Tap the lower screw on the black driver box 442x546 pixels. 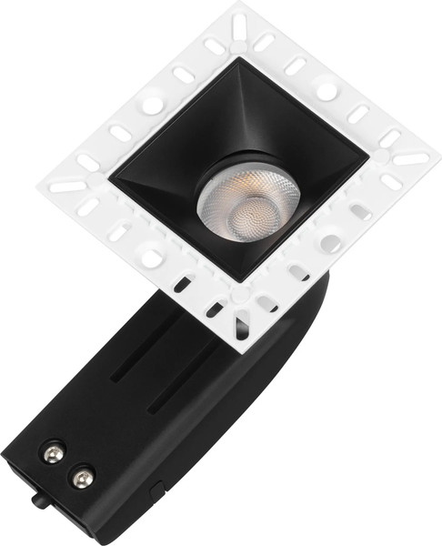pos(83,474)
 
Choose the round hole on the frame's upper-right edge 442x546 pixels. pos(325,92)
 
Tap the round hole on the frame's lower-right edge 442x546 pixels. pos(329,244)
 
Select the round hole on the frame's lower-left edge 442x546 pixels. pos(151,258)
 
